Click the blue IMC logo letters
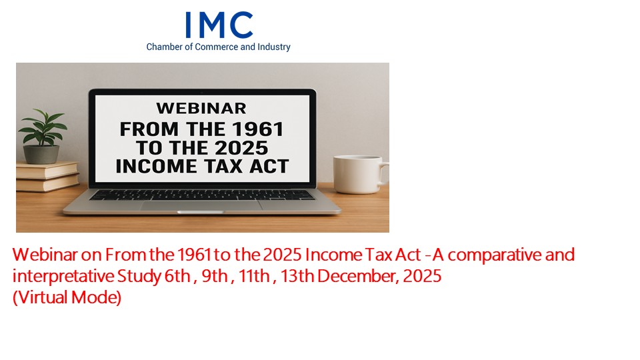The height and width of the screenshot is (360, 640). (x=219, y=25)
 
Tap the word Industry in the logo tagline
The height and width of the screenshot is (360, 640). (x=274, y=47)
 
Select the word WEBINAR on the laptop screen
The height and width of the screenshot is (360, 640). (x=201, y=109)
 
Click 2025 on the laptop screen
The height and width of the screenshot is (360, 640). (x=242, y=148)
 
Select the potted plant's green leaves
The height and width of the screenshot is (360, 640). (x=43, y=127)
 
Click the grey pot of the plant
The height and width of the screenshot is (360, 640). (x=41, y=154)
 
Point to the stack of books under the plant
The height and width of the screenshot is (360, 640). (x=48, y=177)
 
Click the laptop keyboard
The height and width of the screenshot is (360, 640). (x=202, y=195)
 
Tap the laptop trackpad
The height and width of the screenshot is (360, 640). (x=201, y=206)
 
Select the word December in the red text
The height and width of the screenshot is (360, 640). (x=356, y=276)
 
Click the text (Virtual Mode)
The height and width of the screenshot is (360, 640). (x=67, y=297)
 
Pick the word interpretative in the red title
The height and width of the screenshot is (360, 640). (x=63, y=276)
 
